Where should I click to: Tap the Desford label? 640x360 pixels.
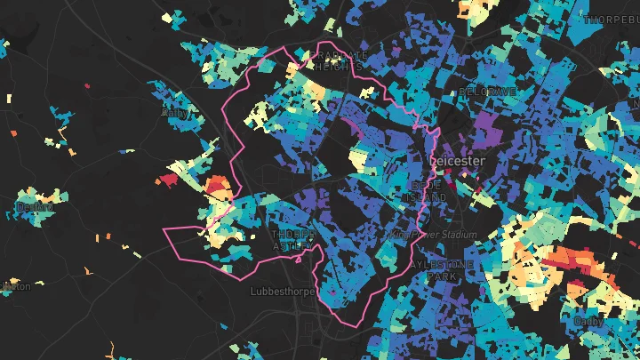pos(34,207)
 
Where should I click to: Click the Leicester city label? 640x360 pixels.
pos(458,160)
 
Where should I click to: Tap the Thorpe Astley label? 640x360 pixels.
pos(291,239)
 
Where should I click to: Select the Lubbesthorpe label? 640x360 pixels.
pos(278,290)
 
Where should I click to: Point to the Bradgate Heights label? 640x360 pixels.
pos(337,60)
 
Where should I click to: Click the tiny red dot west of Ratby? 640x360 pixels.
pos(87,85)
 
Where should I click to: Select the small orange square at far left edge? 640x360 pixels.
pos(13,130)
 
